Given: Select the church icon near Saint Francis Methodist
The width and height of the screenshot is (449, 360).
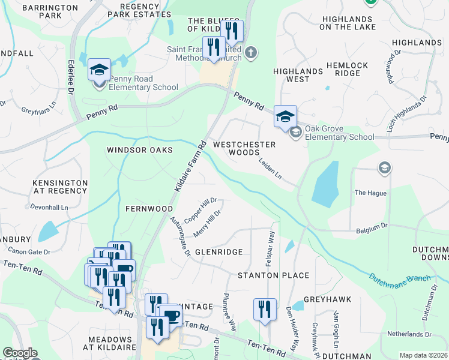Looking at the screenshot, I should [x=251, y=52].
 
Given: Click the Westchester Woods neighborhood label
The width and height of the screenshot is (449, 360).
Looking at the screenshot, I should [x=244, y=148].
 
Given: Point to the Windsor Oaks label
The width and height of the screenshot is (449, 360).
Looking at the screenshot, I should [x=140, y=150].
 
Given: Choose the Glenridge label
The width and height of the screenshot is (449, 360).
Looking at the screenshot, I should [x=218, y=253].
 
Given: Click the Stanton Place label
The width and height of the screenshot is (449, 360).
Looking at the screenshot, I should [x=273, y=275].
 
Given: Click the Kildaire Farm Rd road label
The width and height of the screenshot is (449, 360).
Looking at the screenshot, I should [x=190, y=167].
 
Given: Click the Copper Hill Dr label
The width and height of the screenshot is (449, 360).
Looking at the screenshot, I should [x=200, y=211].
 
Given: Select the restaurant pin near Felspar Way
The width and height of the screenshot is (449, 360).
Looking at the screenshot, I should [x=265, y=310].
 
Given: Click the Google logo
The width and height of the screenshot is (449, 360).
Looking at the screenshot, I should [x=20, y=353].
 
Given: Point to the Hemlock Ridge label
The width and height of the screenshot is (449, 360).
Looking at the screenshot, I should [x=343, y=68].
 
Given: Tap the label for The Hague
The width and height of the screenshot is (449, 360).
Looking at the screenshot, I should [x=370, y=193].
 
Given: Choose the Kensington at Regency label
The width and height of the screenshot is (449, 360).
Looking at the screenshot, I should [x=60, y=186].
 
